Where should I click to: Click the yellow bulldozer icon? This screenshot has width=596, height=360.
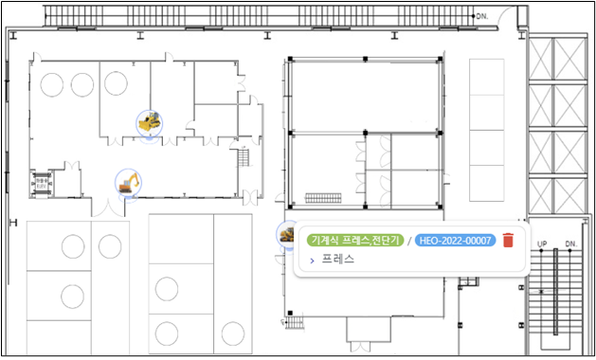pos(150,123)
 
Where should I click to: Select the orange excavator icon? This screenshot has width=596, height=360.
pos(129,183)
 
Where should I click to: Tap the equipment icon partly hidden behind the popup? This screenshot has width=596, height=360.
pos(285,235)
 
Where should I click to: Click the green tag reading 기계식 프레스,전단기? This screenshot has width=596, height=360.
pos(355,241)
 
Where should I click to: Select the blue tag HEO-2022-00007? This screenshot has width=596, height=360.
pos(455,241)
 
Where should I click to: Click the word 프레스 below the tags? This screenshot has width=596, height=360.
pos(338,260)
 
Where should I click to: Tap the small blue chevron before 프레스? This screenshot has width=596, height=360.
pos(312,261)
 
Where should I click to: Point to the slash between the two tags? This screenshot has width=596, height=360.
pos(409,241)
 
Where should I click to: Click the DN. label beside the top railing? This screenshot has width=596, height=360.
pos(482,16)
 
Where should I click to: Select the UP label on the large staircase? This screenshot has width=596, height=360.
pos(542,243)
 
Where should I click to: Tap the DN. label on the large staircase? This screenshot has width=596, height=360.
pos(571,243)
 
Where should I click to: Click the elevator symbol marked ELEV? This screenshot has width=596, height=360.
pos(42,184)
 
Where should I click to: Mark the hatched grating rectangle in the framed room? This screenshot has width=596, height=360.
pos(323,198)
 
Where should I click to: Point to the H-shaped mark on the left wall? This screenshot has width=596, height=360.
pos(13,223)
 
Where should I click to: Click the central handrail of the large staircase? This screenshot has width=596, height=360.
pos(555,292)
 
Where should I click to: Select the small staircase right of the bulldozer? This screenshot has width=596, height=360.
pos(244,157)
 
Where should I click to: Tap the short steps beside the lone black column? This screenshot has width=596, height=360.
pos(294,323)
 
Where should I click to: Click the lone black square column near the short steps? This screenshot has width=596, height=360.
pos(290,313)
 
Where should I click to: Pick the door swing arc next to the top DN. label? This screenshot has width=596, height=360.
pos(508,15)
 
